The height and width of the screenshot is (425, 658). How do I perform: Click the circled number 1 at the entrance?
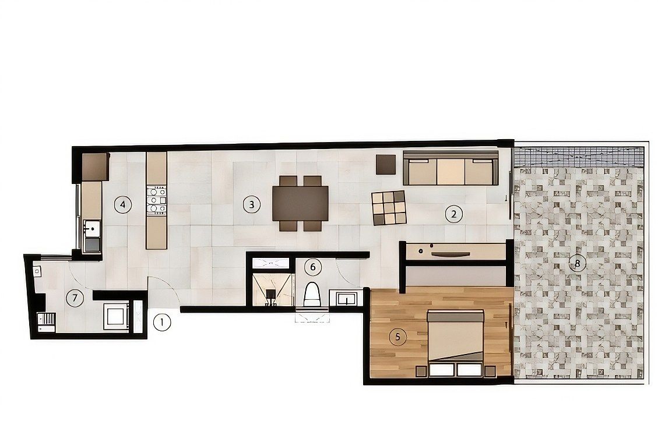coord(162,323)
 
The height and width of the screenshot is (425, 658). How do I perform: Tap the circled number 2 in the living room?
coord(453,214)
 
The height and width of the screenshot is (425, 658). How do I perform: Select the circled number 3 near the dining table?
coord(251,204)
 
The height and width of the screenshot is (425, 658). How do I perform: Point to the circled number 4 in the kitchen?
coord(122,204)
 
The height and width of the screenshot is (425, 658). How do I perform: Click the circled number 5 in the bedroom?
coord(398,337)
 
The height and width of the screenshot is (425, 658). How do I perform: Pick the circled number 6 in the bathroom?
coord(313,267)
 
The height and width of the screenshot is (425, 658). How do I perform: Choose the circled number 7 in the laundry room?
coord(75,298)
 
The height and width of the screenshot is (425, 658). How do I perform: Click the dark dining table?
coord(300,203)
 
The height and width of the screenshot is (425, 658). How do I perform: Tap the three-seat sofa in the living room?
coord(451,168)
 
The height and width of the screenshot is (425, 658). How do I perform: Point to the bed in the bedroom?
coord(455,342)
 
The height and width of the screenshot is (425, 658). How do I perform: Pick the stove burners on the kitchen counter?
coord(157,201)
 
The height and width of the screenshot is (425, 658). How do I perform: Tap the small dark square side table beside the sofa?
coord(386,164)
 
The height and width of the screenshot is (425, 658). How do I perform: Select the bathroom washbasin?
coord(346,299)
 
